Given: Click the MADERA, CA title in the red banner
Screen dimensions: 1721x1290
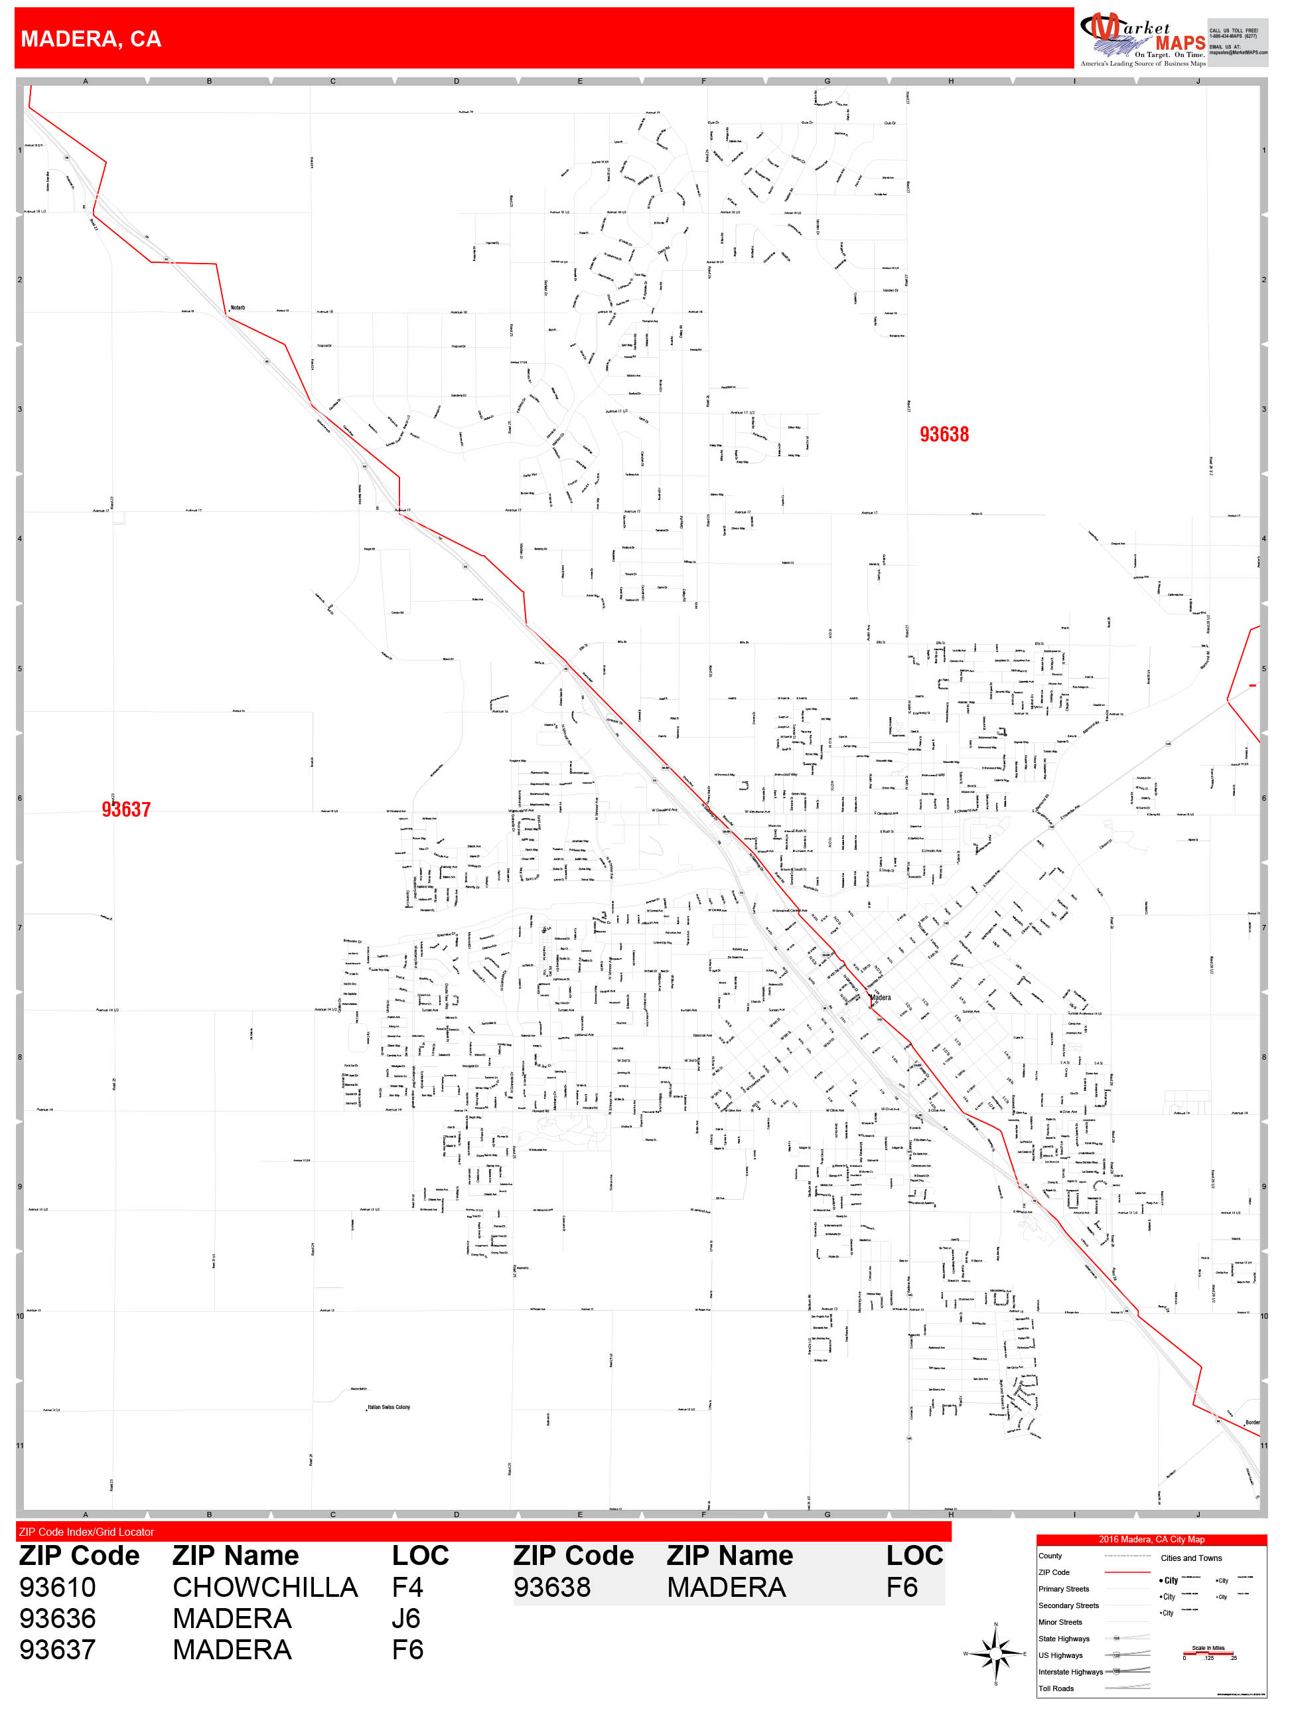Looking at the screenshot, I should click(91, 39).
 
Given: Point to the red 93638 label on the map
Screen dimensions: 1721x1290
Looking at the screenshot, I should click(944, 434).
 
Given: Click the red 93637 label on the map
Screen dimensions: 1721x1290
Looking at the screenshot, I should click(126, 809).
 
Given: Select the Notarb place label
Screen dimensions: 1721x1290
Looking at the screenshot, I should click(237, 307).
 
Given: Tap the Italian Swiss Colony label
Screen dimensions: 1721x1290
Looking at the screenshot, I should click(388, 1407).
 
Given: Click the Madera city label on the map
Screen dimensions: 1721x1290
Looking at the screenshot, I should click(880, 997).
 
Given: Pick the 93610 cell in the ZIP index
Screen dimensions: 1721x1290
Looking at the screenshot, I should click(58, 1587).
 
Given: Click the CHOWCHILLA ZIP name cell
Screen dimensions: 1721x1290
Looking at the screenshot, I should click(264, 1587).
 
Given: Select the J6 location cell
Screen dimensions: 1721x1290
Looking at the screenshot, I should click(406, 1618).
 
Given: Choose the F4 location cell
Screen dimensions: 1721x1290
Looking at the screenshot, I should click(407, 1587).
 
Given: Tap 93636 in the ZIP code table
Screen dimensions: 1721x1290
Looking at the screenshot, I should click(58, 1618).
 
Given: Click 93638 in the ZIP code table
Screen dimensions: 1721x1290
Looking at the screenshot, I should click(552, 1587).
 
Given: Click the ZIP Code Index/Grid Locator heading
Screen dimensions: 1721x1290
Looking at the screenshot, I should click(86, 1532).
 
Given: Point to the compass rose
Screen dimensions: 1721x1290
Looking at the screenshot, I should click(995, 1653).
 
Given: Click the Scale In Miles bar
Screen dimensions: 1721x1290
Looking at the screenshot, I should click(1208, 1653).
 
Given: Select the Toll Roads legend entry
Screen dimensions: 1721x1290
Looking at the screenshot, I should click(1056, 1688).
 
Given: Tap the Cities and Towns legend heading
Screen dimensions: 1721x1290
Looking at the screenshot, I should click(1190, 1558).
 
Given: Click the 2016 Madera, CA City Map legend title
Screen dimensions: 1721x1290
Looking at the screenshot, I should click(1151, 1539).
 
